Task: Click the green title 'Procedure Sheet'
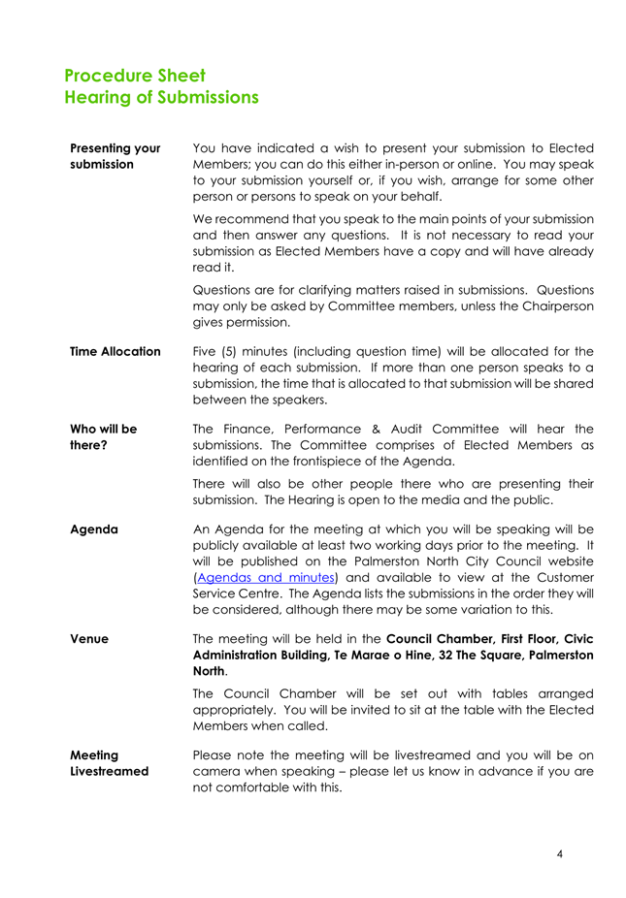pos(135,76)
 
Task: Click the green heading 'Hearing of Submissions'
pos(161,98)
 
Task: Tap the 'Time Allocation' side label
pos(115,351)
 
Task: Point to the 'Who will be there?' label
pos(104,436)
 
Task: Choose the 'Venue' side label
pos(88,639)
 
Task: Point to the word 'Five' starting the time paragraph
pos(208,351)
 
